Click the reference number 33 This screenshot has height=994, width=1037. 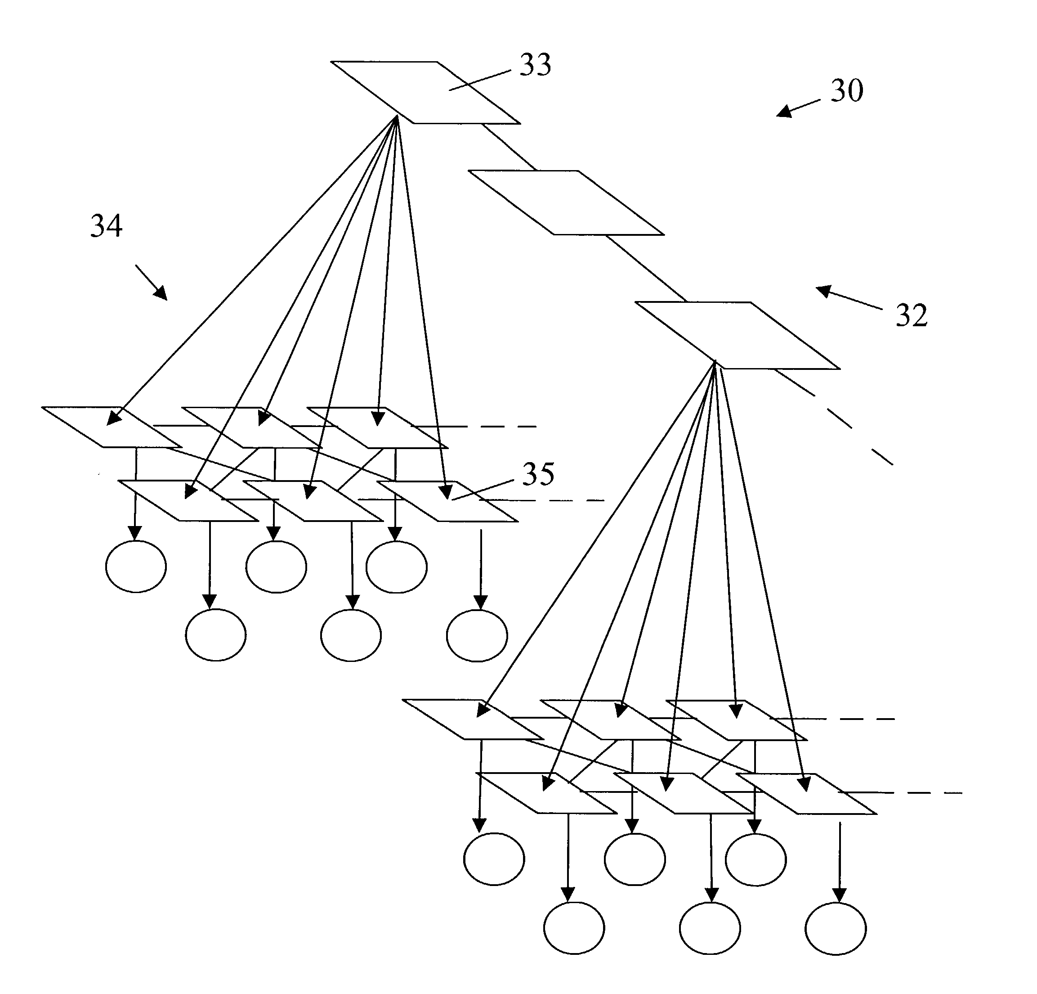point(536,65)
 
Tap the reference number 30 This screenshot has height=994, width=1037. point(847,90)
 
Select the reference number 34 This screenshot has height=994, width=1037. point(106,226)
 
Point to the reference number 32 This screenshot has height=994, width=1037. point(912,315)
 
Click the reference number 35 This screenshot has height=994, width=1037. point(538,474)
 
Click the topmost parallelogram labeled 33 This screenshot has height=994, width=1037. point(425,93)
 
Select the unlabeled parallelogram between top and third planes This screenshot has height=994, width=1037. point(566,202)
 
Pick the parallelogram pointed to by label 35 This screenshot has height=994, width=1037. point(447,501)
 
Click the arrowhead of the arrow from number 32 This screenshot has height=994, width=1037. point(823,291)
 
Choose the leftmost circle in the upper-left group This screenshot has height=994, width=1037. point(136,567)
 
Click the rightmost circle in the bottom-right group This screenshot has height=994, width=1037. point(836,929)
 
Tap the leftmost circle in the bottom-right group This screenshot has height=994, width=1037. point(494,859)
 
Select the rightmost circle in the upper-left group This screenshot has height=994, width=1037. point(477,635)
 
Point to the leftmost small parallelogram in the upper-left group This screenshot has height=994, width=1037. point(112,427)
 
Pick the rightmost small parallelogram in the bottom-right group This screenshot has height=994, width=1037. point(806,793)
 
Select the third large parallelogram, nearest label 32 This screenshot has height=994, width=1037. point(738,336)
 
